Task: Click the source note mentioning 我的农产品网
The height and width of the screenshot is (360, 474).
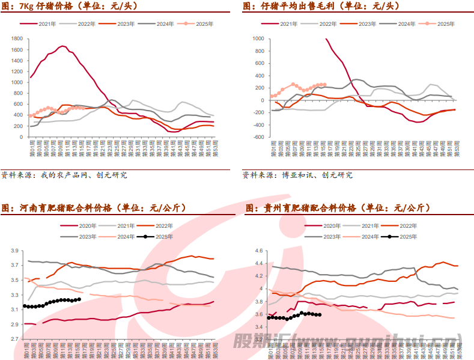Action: (x=64, y=175)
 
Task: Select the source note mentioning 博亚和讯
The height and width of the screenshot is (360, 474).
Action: (x=298, y=175)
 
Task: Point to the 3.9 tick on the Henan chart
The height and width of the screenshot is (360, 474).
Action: (x=16, y=251)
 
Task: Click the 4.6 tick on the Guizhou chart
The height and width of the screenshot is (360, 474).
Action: (x=260, y=251)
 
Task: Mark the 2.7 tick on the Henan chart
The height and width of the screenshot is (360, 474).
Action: (x=16, y=339)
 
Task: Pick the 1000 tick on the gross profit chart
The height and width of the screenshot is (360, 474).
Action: (x=257, y=38)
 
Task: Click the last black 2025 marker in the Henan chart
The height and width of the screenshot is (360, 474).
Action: (x=79, y=299)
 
